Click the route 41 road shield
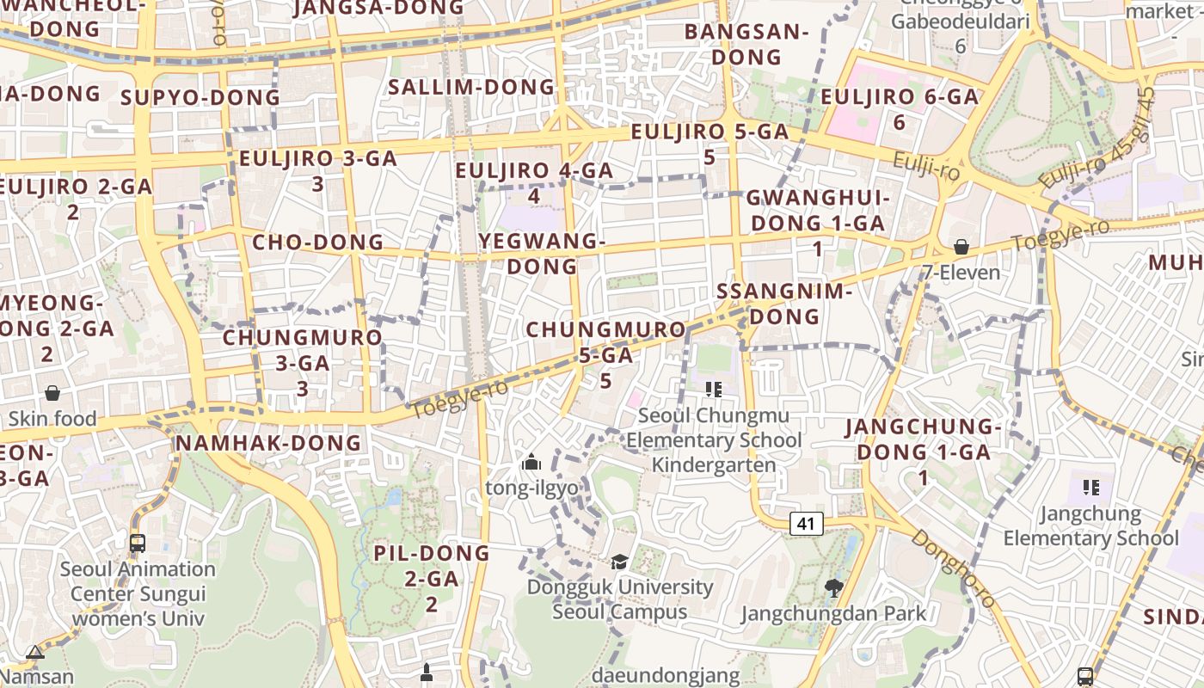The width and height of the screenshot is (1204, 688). click(x=806, y=523)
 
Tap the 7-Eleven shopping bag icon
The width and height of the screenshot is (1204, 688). click(x=961, y=248)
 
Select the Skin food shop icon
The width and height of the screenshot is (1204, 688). click(x=52, y=393)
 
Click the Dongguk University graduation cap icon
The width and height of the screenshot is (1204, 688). click(x=619, y=562)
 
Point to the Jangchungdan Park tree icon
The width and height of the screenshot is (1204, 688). click(x=833, y=588)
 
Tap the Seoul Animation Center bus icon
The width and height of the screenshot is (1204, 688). click(x=138, y=544)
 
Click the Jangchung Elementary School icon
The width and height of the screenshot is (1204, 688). click(x=1091, y=488)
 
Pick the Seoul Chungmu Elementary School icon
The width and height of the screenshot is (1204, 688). click(x=713, y=390)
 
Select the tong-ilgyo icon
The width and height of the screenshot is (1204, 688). click(x=531, y=463)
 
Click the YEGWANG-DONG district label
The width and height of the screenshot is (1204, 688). click(x=542, y=254)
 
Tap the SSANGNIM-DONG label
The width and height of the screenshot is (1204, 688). click(x=783, y=304)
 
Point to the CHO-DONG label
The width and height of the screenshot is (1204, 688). click(x=317, y=243)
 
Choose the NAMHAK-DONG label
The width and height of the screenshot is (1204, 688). click(x=268, y=443)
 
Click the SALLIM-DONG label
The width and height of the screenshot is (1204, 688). click(x=471, y=87)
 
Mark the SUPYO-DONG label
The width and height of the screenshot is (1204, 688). click(x=200, y=97)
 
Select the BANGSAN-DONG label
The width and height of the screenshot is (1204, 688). click(x=746, y=45)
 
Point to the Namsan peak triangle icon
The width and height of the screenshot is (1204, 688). click(x=35, y=653)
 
